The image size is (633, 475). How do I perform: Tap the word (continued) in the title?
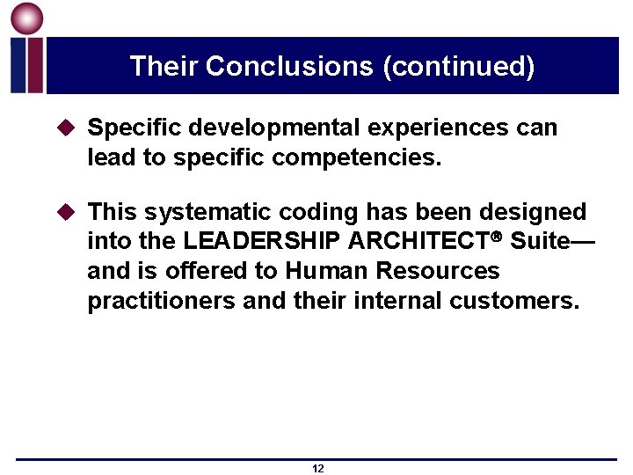pos(458,67)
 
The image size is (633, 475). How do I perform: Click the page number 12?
pos(317,469)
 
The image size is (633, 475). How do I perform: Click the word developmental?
pos(265,128)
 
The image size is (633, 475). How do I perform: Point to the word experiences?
pos(437,128)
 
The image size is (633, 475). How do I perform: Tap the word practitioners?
pos(161,301)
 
